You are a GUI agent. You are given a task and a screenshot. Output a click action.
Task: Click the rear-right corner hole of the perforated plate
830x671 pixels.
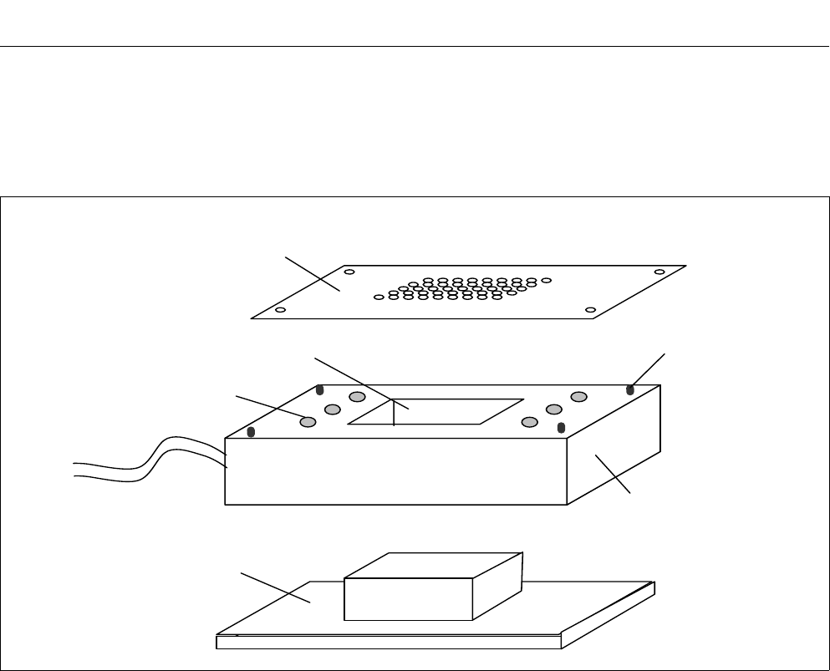point(659,272)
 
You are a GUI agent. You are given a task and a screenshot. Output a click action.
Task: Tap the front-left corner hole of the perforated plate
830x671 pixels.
point(280,310)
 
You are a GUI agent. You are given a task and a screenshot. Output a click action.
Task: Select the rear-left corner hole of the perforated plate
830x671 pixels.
point(349,272)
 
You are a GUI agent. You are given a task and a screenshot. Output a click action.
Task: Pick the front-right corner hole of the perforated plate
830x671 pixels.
point(590,310)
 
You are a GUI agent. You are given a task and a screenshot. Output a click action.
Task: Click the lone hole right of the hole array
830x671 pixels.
point(547,281)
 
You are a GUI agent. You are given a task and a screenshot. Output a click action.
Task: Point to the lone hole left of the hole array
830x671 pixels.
point(379,297)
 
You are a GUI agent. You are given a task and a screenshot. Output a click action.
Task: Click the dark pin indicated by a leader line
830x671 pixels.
point(630,389)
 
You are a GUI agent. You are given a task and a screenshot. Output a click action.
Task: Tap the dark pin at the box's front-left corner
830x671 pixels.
point(251,432)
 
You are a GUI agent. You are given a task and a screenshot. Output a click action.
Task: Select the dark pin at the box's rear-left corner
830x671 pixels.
point(319,389)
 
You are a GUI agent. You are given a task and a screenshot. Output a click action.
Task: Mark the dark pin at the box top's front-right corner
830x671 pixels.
point(562,429)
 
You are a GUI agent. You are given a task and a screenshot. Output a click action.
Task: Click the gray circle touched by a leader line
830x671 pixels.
point(308,422)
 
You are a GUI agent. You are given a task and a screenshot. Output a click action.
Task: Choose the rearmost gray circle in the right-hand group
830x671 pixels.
point(578,396)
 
